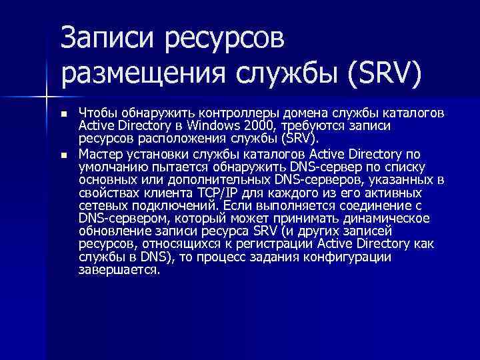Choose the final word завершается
point(119,271)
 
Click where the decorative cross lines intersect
point(46,97)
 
